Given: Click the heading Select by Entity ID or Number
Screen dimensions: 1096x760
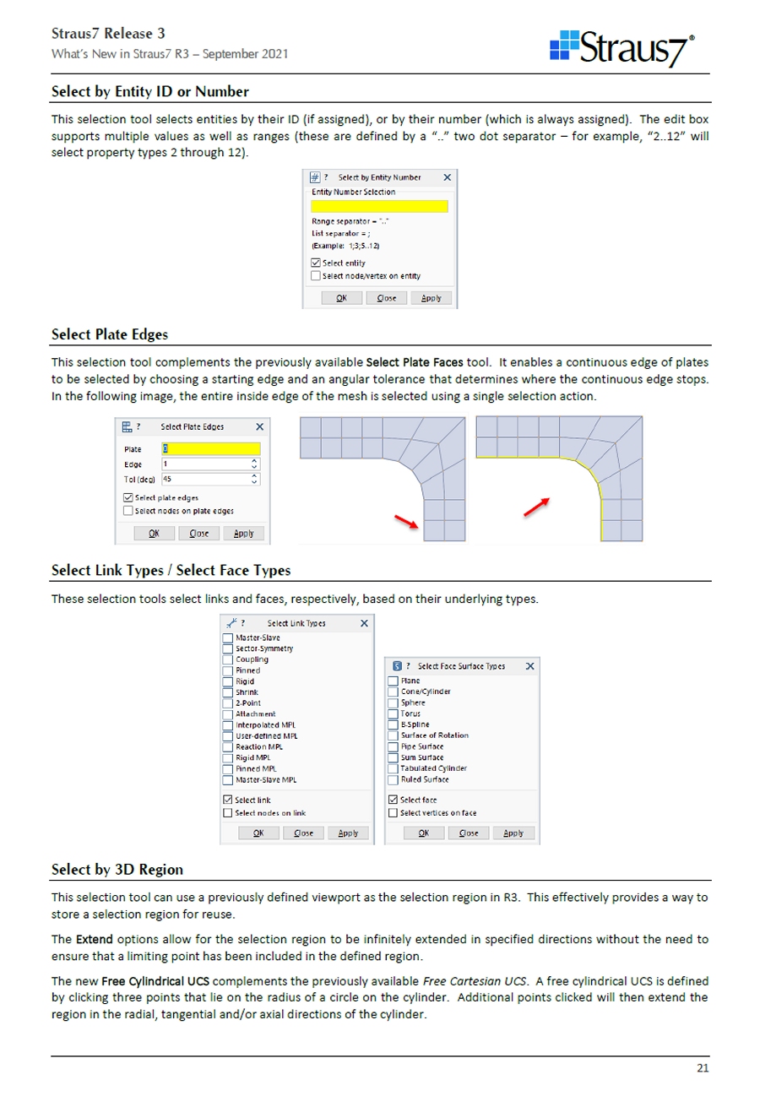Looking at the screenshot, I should click(x=149, y=90).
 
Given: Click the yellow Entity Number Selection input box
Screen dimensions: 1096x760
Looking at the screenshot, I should click(x=379, y=206).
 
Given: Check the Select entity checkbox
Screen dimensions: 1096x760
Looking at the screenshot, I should click(x=316, y=263).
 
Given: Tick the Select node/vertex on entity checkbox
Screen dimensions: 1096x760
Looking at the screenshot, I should click(x=316, y=275).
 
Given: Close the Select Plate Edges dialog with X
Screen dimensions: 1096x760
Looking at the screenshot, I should click(x=259, y=427).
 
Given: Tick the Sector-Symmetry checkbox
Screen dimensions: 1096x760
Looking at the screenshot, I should click(x=227, y=648).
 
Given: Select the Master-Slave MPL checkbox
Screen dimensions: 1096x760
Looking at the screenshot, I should click(x=227, y=779).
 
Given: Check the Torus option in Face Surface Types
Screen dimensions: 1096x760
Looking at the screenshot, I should click(x=393, y=713).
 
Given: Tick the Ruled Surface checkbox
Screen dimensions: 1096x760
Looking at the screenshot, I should click(x=393, y=779).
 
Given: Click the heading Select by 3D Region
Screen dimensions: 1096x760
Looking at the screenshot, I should click(x=117, y=869).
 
